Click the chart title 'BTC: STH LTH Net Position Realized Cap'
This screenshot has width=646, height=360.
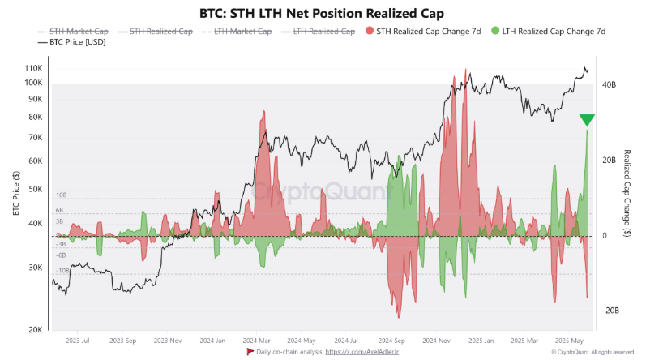(x=322, y=14)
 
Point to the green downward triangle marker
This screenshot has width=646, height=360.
(x=587, y=121)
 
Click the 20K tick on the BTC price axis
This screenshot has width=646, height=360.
(x=36, y=330)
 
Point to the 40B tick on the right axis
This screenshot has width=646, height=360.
(x=608, y=84)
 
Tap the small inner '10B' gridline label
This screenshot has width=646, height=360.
(x=61, y=195)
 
